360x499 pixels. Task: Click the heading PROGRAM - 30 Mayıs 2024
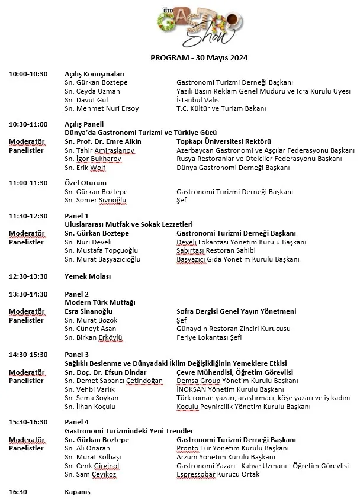(x=199, y=59)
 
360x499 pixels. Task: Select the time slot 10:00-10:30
(x=28, y=74)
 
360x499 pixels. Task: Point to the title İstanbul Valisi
(x=200, y=100)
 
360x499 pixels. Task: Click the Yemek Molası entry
(x=88, y=276)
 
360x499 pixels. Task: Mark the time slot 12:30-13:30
(x=28, y=276)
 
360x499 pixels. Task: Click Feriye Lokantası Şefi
(x=210, y=337)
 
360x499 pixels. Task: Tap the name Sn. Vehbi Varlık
(x=91, y=389)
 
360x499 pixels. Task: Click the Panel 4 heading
(x=76, y=423)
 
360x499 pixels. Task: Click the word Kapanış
(x=78, y=491)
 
